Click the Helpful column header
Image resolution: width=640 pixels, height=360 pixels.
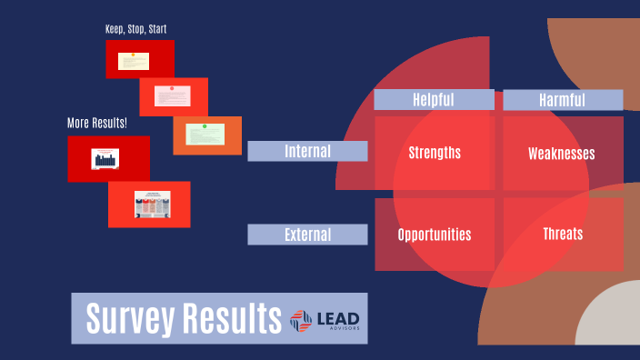tap(434, 100)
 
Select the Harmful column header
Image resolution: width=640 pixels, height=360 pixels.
tap(563, 100)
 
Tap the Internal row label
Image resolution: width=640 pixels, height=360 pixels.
tap(307, 151)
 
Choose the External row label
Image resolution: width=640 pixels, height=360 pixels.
tap(307, 235)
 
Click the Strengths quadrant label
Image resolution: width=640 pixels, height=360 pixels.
tap(435, 153)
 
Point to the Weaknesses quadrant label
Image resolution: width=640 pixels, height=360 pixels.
tap(562, 154)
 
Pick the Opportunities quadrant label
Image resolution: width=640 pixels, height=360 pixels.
tap(435, 235)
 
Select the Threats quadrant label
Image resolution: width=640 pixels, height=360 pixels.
tap(563, 234)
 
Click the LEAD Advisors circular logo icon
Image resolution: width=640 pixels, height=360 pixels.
tap(301, 319)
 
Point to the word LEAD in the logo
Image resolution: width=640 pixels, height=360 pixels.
tap(338, 315)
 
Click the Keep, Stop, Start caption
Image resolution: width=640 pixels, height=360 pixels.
tap(135, 29)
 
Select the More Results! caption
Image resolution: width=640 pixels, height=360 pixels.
tap(97, 123)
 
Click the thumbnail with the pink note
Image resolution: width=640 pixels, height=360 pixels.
tap(173, 95)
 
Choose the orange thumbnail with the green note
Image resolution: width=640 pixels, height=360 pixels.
tap(207, 135)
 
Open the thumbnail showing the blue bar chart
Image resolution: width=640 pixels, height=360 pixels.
tap(108, 159)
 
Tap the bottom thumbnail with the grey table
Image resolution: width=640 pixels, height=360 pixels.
tap(149, 205)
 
